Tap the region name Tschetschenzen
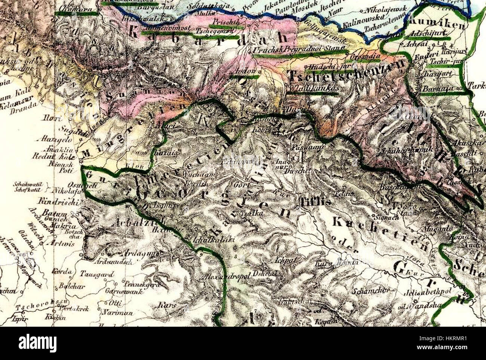click(347, 76)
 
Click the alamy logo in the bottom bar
click(37, 342)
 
